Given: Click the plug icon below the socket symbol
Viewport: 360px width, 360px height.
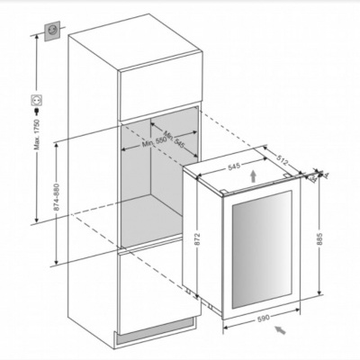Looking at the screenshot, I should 36,115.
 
